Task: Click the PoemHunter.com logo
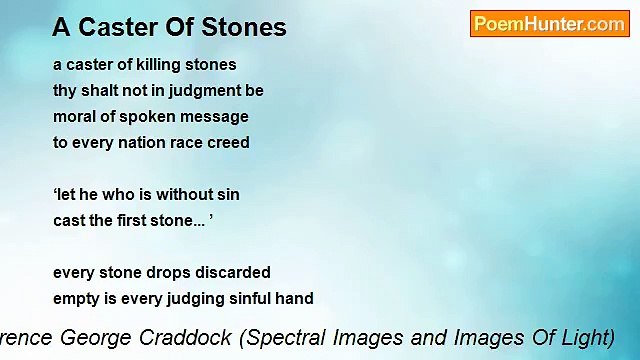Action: (549, 24)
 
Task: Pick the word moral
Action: (75, 116)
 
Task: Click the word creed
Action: (227, 142)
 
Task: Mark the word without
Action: (178, 194)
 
